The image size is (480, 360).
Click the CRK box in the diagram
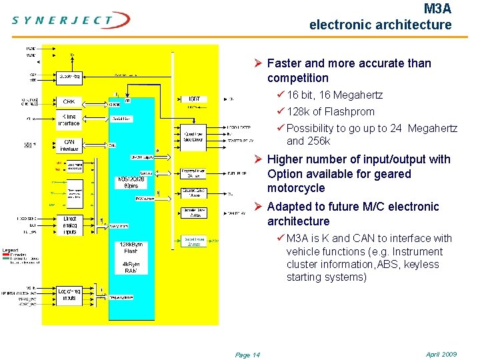[69, 102]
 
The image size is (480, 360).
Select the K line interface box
[69, 120]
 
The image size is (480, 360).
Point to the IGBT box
[194, 99]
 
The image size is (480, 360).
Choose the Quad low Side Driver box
[194, 137]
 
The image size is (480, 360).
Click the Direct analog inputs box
[70, 226]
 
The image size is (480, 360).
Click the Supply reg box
[69, 76]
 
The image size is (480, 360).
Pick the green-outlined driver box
[194, 241]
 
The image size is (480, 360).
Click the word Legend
[10, 249]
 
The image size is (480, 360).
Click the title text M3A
[437, 9]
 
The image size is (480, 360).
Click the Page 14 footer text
[247, 355]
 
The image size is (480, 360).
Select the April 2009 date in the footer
[441, 354]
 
